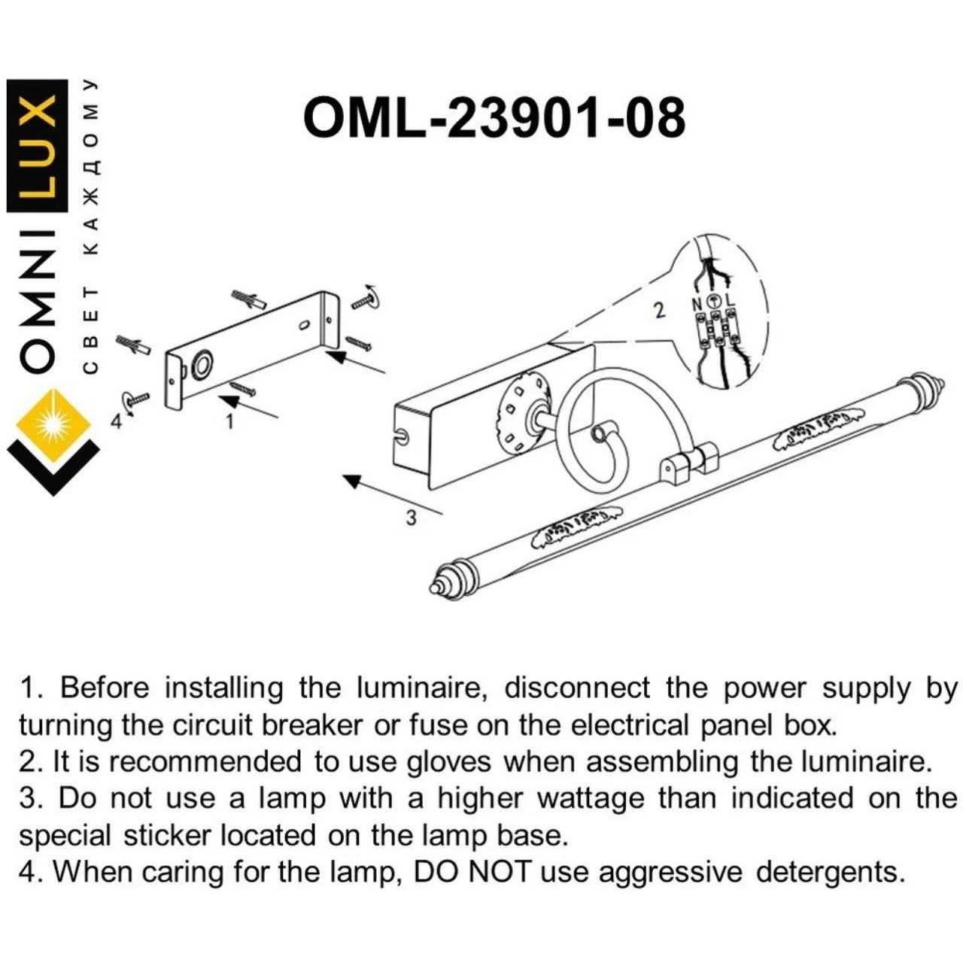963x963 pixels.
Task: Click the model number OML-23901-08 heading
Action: pyautogui.click(x=494, y=117)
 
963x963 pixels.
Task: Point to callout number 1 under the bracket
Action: pyautogui.click(x=229, y=421)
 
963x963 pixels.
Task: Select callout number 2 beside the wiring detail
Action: pyautogui.click(x=659, y=309)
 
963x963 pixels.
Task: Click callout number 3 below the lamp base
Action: pyautogui.click(x=410, y=518)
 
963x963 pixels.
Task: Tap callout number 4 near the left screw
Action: pyautogui.click(x=116, y=421)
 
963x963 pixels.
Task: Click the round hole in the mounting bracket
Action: pyautogui.click(x=202, y=365)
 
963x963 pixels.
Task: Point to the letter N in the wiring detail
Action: pyautogui.click(x=695, y=303)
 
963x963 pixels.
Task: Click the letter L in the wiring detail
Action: pyautogui.click(x=730, y=302)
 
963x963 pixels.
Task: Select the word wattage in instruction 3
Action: pyautogui.click(x=591, y=798)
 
